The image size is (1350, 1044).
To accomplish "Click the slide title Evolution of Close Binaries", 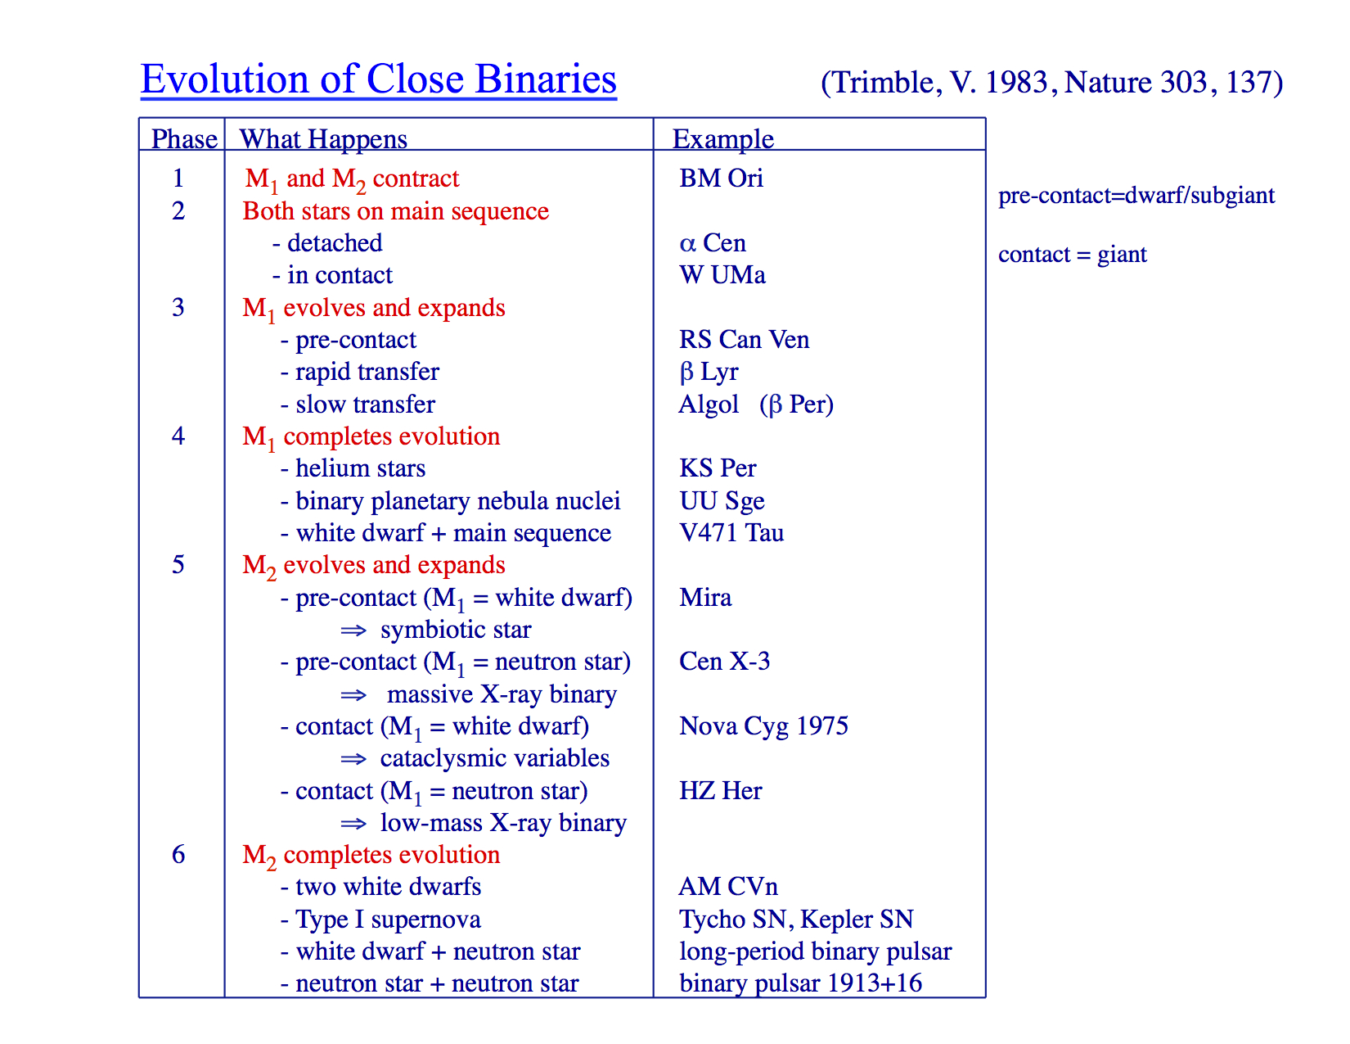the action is click(x=378, y=80).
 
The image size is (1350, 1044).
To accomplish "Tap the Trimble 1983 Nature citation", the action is click(x=1052, y=83).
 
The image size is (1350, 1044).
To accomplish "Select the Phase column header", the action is click(x=185, y=138).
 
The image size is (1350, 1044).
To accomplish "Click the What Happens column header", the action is click(x=323, y=139).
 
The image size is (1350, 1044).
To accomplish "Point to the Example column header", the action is click(x=723, y=139).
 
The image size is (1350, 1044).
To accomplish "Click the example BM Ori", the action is click(x=721, y=179).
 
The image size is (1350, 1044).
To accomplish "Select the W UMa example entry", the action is click(x=722, y=275).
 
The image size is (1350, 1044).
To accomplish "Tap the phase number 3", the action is click(x=178, y=307).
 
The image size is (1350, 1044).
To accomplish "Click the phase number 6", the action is click(x=178, y=854).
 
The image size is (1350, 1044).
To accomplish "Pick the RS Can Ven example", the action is click(x=745, y=340).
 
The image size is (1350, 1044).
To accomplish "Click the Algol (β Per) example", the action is click(x=756, y=404).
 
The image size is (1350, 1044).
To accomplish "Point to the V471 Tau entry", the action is click(x=731, y=533).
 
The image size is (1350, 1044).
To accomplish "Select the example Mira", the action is click(x=705, y=598).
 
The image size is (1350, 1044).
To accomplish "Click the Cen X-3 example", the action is click(x=724, y=662).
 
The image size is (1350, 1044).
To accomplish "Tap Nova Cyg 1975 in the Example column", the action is click(x=763, y=726).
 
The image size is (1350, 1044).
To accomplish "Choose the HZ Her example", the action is click(x=721, y=791).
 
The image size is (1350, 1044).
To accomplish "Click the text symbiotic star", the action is click(x=456, y=630).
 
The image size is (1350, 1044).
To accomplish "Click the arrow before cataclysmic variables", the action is click(x=353, y=759).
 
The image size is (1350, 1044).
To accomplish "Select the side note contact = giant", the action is click(x=1073, y=255).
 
